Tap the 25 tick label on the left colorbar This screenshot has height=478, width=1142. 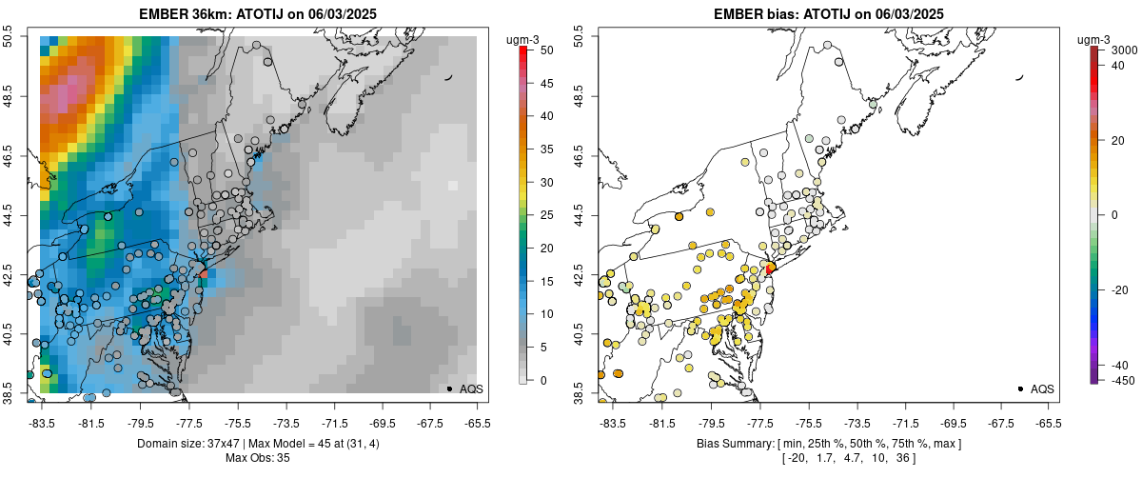(545, 215)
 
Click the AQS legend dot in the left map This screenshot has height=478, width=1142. (449, 388)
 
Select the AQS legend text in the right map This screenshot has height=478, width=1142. (1042, 388)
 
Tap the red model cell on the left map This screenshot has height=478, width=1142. (204, 273)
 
